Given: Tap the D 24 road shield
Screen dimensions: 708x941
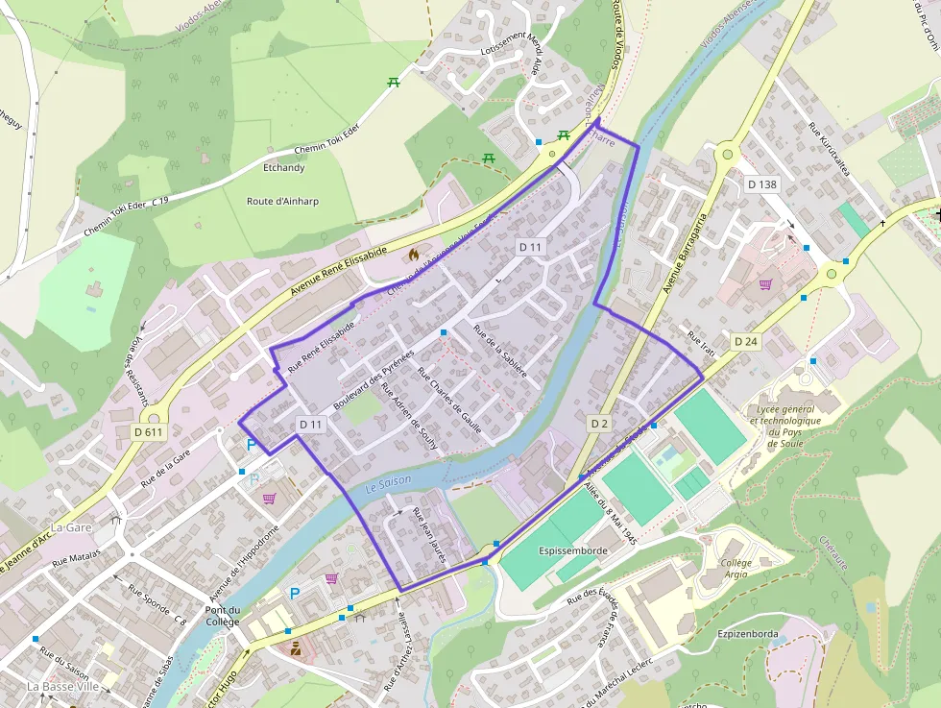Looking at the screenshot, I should coord(746,341).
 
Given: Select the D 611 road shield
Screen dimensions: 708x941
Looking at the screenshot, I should coord(149,433).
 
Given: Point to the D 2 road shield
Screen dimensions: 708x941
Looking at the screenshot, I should coord(600,423).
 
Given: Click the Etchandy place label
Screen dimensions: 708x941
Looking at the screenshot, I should coord(283,168).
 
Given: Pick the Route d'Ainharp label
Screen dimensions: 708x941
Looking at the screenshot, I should coord(283,201).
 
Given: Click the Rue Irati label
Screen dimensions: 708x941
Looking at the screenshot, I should coord(702,345).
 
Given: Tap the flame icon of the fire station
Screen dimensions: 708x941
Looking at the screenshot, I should coord(414,256).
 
